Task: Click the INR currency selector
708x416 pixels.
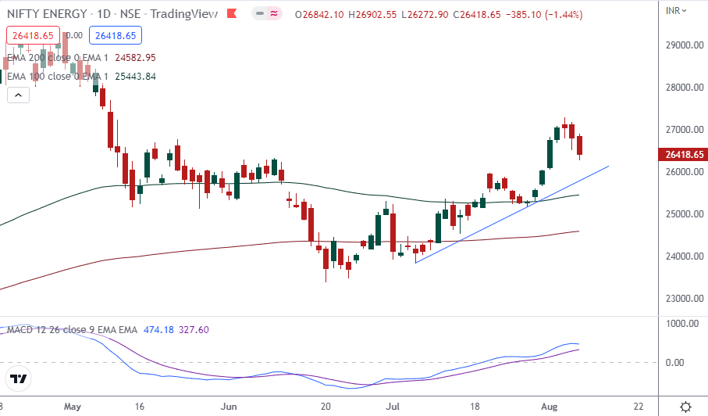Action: point(676,10)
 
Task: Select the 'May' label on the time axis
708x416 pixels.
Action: point(73,407)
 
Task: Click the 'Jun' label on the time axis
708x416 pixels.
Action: point(229,407)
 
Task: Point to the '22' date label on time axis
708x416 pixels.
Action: point(639,407)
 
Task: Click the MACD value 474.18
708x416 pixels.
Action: point(159,331)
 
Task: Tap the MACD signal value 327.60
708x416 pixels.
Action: point(193,331)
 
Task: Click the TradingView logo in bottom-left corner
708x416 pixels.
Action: point(19,379)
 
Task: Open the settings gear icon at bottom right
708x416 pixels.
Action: point(685,407)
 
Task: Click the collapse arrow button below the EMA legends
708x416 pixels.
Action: point(16,95)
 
